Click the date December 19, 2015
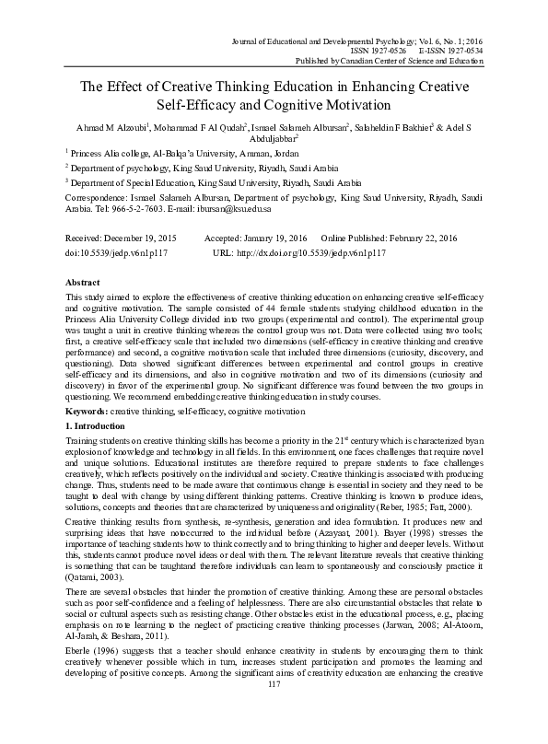pyautogui.click(x=141, y=237)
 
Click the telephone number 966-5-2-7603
pyautogui.click(x=154, y=208)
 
